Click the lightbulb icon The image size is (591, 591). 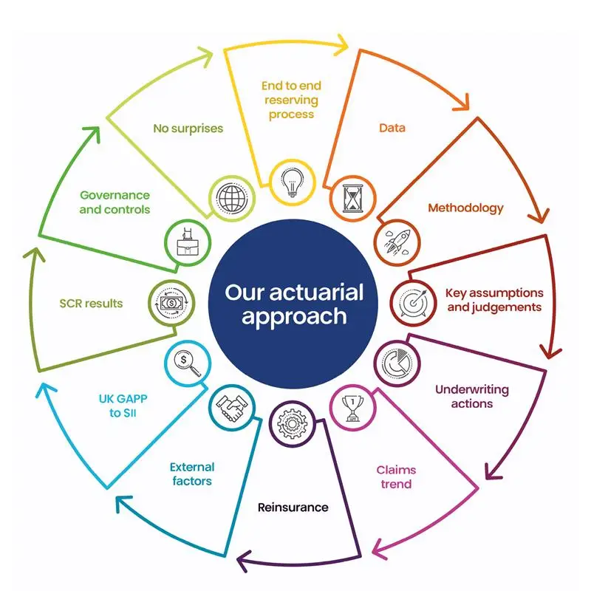pos(293,182)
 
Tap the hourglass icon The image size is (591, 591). pos(353,198)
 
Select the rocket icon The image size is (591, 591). pos(397,242)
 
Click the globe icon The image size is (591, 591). pos(232,198)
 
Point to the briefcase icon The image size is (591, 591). pos(188,242)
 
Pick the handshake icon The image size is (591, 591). pos(232,408)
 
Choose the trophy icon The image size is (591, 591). pos(353,409)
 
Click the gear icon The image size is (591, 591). pos(292,423)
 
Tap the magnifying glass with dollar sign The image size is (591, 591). pos(188,363)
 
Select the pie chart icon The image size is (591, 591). pos(397,363)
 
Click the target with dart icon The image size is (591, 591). pos(414,302)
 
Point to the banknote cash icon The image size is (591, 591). pos(171,303)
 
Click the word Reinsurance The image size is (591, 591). pos(293,508)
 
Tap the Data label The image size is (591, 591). pos(392,128)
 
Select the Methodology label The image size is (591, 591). pos(465,208)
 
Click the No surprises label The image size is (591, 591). pos(188,129)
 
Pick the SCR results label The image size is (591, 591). pos(91,304)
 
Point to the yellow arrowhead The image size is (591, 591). pos(341,45)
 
